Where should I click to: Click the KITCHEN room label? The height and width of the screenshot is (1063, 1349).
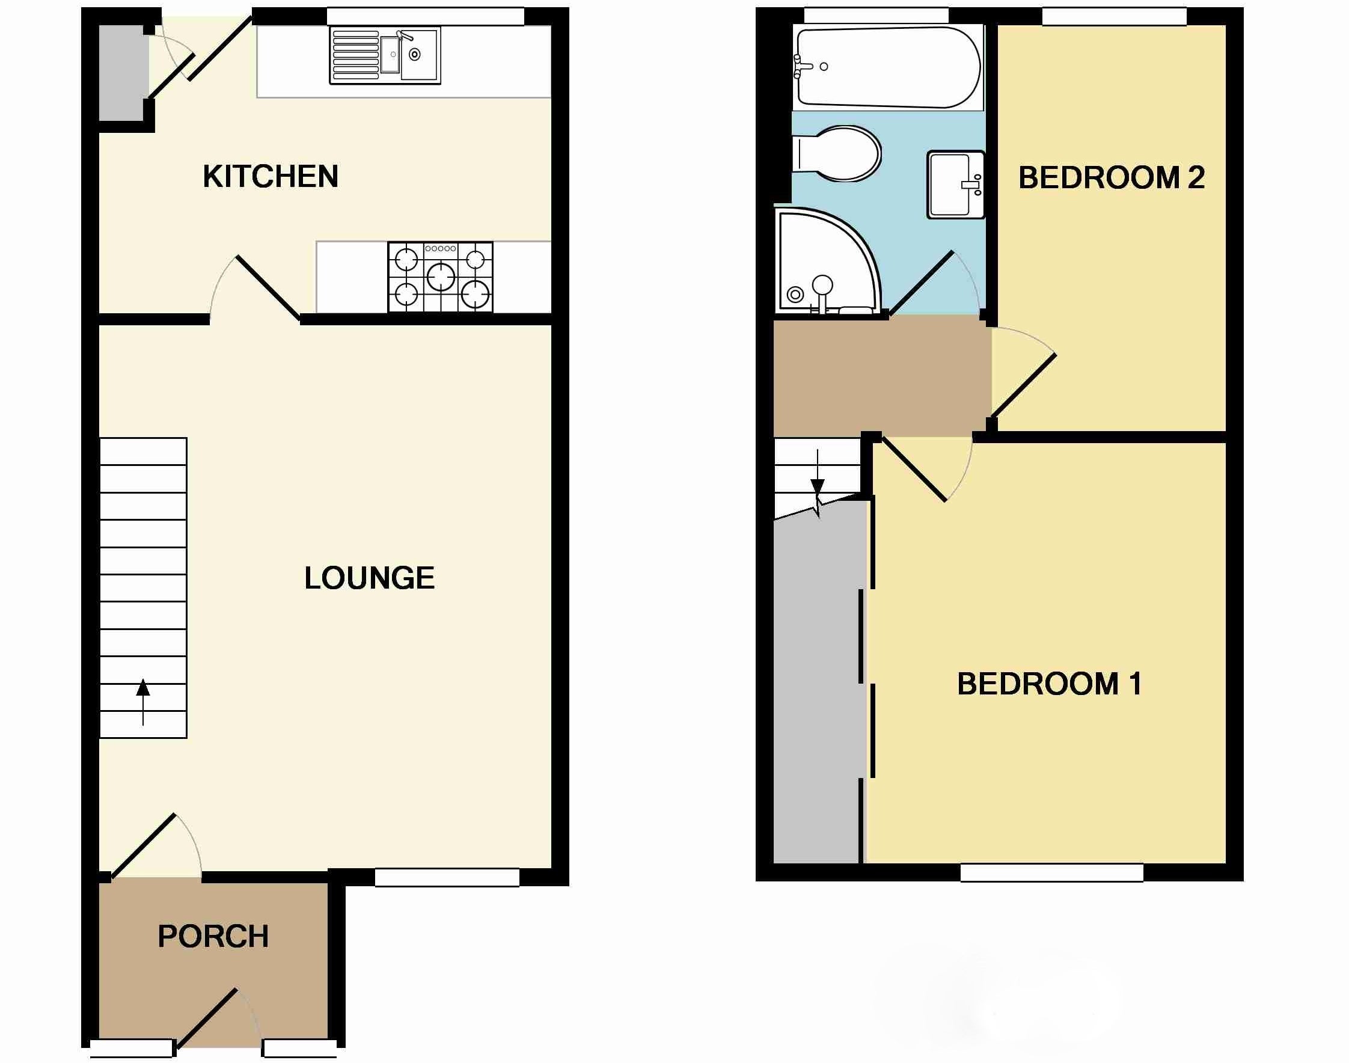point(271,177)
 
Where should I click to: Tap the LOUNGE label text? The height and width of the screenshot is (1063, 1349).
point(370,578)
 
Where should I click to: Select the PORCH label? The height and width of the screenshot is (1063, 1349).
point(213,936)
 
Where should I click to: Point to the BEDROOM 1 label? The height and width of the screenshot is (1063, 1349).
point(1049,684)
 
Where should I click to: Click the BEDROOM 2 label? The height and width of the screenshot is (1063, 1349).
point(1112,177)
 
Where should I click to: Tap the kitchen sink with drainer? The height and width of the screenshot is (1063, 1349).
point(385,55)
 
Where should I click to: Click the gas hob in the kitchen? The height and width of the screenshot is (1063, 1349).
point(441,277)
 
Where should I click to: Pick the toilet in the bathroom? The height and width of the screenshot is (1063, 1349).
point(837,154)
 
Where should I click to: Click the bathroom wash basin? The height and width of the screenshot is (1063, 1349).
point(956,184)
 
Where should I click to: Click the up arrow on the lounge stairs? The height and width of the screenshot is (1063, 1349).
point(143,702)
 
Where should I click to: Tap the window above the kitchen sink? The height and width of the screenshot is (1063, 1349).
point(426,17)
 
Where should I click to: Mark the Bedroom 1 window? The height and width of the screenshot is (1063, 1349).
point(1051,872)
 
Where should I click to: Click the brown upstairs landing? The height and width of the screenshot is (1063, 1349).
point(881,376)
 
